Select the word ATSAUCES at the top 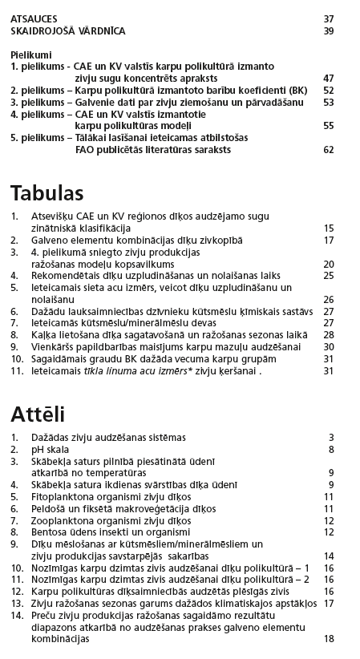[34, 18]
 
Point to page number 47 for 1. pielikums [328, 78]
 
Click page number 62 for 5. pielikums [328, 149]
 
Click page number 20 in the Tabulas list [328, 263]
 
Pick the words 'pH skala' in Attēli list [50, 450]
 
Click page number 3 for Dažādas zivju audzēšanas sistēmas [330, 438]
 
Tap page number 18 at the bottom [328, 639]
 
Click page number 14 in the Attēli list [328, 556]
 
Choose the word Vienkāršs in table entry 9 [52, 346]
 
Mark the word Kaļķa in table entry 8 [44, 334]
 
